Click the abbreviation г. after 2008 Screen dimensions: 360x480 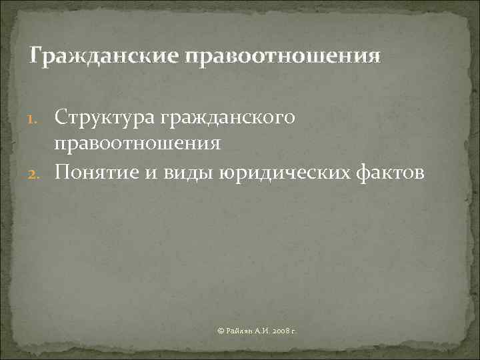click(294, 331)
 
